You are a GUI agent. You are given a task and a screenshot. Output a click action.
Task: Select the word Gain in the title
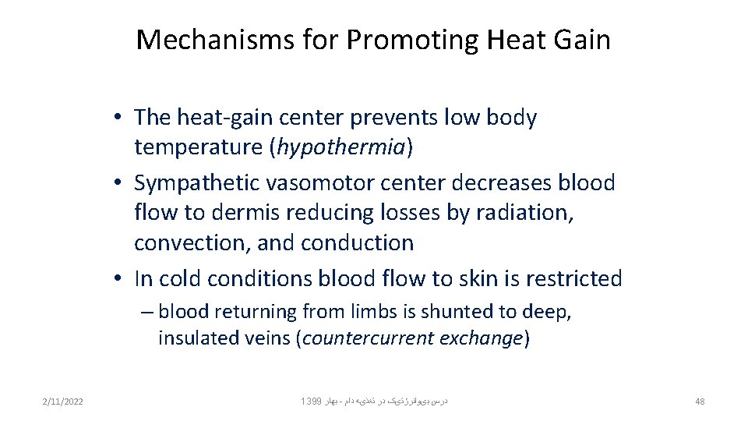point(580,40)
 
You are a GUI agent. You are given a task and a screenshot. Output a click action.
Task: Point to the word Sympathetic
point(198,183)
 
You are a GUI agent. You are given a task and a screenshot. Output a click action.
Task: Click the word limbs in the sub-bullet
point(369,312)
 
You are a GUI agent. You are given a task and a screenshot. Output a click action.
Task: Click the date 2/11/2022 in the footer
point(63,402)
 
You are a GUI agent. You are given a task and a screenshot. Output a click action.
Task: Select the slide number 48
point(699,402)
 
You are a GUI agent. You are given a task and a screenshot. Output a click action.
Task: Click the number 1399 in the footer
point(309,402)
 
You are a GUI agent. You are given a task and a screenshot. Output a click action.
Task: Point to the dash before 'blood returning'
point(146,312)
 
